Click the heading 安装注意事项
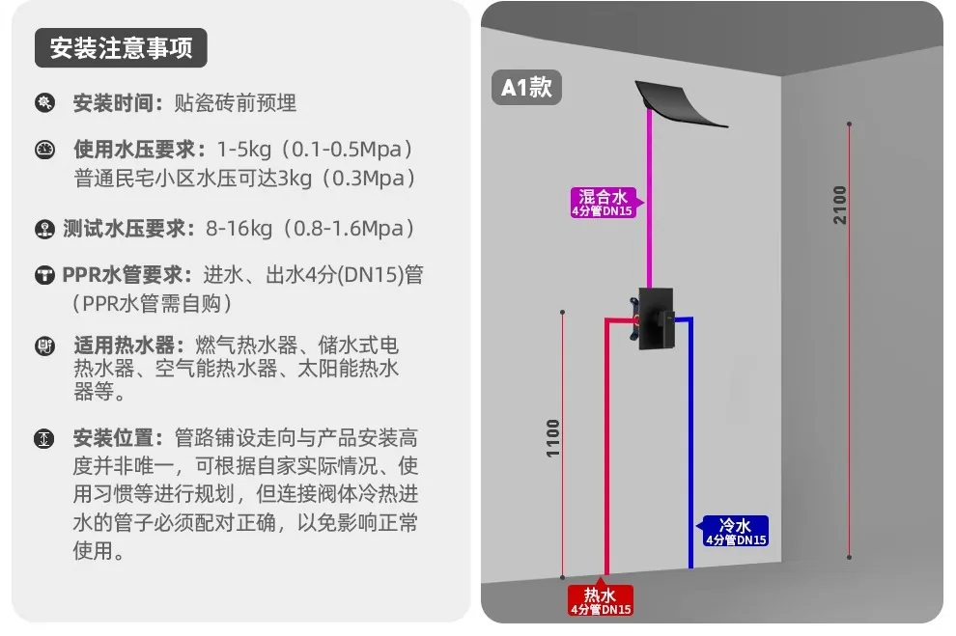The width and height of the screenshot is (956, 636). click(x=121, y=48)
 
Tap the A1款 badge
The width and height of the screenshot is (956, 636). click(x=526, y=88)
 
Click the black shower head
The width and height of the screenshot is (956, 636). click(x=681, y=102)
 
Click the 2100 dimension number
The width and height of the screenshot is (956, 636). click(x=841, y=205)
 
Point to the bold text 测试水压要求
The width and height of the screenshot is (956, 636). click(x=129, y=229)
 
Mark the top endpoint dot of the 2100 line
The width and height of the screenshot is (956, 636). click(x=849, y=124)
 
